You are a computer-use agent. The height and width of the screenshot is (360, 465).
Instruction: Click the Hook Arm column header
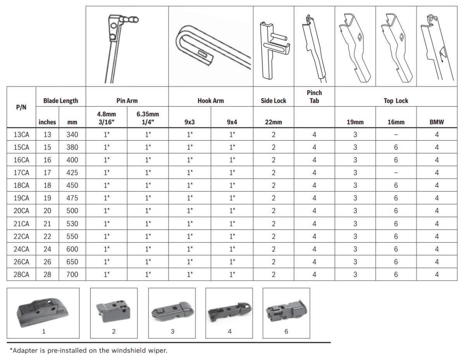click(210, 101)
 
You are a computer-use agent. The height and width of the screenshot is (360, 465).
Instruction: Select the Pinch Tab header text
click(314, 97)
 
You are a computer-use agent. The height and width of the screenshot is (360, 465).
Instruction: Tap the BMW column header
click(437, 122)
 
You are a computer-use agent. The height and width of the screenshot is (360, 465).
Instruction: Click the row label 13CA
click(21, 134)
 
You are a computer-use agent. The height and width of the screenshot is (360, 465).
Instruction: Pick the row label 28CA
click(21, 274)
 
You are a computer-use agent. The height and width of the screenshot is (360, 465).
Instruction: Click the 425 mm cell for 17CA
click(72, 172)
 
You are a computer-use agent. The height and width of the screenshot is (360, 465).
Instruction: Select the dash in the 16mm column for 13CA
click(396, 134)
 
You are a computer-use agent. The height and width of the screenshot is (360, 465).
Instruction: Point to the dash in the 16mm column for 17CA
click(396, 172)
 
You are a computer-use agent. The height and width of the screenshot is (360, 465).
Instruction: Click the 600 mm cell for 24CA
click(72, 249)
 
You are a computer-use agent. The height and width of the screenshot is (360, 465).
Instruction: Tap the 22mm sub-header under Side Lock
click(274, 122)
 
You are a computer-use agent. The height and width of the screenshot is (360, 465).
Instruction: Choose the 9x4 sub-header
click(232, 122)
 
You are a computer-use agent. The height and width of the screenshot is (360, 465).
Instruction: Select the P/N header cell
click(21, 107)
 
